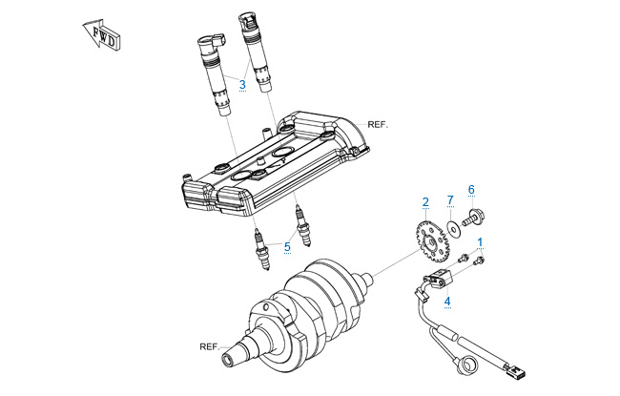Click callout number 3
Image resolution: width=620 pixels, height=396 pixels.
pos(242,85)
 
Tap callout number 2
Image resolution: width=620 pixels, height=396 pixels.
pos(425,201)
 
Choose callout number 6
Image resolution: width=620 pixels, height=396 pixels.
pos(470,189)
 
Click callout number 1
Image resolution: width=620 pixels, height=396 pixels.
pos(481,242)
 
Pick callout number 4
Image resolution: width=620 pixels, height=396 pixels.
pos(447,302)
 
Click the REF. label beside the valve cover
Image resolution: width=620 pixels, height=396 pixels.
pos(379,125)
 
